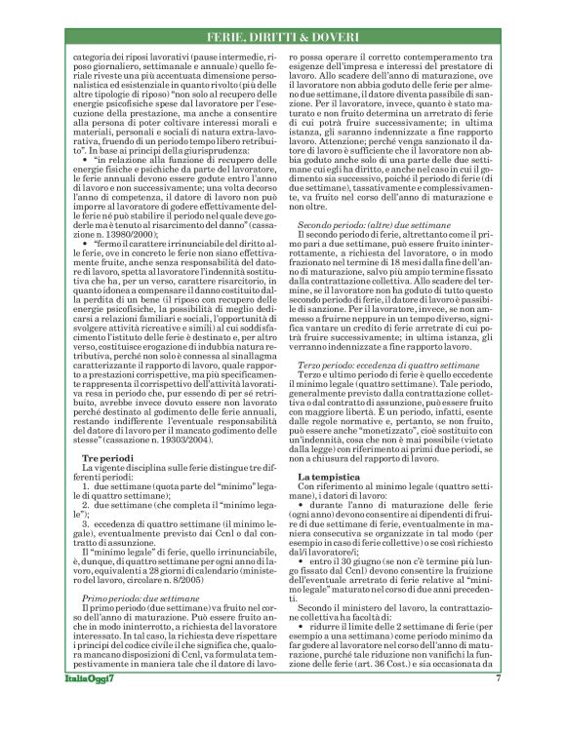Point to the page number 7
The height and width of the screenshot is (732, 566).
498,705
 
